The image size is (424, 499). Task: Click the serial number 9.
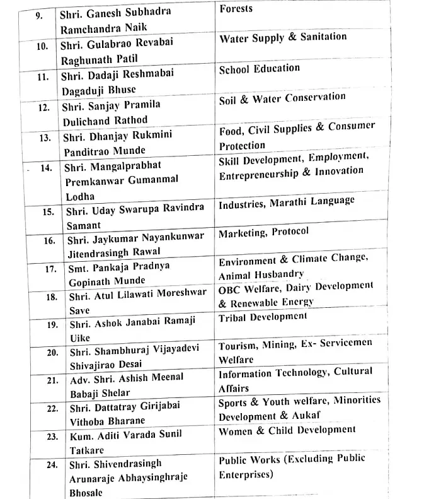(39, 15)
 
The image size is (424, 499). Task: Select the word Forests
(236, 9)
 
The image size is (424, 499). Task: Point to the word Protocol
(290, 232)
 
